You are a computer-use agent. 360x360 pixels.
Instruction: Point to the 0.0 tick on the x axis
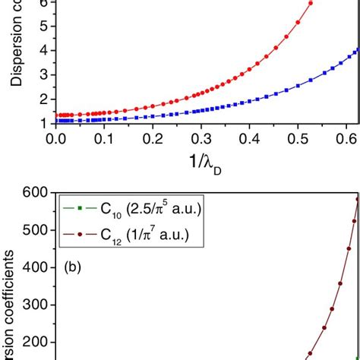(x=55, y=140)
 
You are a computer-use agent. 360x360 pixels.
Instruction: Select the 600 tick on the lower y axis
(x=36, y=194)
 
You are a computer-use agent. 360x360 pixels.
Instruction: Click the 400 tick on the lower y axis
(x=36, y=268)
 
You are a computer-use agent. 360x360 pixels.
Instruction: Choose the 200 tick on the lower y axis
(x=36, y=343)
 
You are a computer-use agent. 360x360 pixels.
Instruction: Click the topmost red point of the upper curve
(x=310, y=4)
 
